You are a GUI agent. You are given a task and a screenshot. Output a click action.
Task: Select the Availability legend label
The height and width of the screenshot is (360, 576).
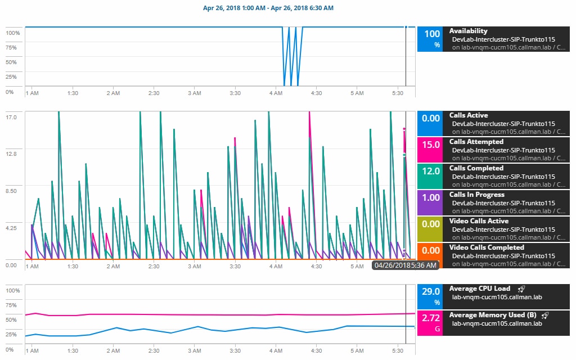468,31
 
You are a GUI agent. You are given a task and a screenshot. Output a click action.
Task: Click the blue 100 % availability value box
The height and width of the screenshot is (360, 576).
430,39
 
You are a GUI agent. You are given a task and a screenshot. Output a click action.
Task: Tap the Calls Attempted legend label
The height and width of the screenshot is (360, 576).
476,142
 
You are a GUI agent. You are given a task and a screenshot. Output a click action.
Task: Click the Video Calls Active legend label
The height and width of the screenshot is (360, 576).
479,221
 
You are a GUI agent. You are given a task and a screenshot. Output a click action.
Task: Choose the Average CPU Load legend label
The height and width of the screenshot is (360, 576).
479,289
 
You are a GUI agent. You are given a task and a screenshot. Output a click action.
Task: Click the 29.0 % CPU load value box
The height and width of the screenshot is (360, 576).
430,296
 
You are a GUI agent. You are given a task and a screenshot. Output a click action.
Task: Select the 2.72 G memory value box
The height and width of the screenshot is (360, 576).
430,323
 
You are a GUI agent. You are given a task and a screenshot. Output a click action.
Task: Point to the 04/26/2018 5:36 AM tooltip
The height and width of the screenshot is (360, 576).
404,265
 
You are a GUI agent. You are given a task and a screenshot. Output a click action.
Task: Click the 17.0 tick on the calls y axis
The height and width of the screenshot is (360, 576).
11,117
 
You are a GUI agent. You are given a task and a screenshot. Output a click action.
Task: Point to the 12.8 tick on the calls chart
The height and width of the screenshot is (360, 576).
11,154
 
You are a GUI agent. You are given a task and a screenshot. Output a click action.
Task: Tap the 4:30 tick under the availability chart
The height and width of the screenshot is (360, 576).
316,93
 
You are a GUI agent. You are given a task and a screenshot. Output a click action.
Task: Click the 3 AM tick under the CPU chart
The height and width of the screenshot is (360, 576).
195,351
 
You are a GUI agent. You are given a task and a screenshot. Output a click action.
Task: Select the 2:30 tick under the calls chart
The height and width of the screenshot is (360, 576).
154,266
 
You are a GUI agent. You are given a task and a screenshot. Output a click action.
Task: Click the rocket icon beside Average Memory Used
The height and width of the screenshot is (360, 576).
544,315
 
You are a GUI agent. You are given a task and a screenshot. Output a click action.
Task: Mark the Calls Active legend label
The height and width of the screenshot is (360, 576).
468,115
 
